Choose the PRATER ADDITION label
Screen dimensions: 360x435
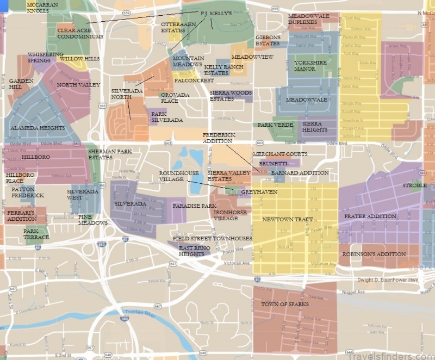point(370,216)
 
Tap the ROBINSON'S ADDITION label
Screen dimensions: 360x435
point(374,254)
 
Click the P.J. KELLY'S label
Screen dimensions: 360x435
point(216,12)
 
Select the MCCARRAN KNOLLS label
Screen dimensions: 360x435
point(41,7)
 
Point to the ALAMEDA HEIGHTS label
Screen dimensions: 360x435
point(38,128)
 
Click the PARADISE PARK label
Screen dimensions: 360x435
point(194,206)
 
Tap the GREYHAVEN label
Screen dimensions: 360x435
point(259,192)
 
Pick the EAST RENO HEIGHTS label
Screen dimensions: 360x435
point(195,251)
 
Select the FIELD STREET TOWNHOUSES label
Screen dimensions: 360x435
point(212,239)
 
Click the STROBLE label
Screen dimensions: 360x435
point(414,185)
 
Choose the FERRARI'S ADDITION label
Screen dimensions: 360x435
point(22,215)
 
